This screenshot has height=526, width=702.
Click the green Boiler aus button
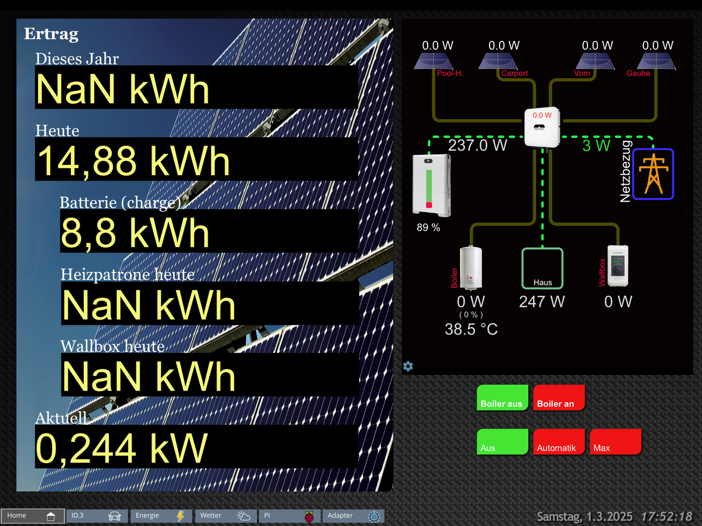point(502,397)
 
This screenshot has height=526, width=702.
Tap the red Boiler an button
point(559,397)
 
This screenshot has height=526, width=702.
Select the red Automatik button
point(559,442)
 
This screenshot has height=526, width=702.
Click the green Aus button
point(502,442)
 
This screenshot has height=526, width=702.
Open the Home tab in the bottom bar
point(32,516)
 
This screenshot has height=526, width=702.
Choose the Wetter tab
point(226,516)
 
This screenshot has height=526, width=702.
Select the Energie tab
point(161,516)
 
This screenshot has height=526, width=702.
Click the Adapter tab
point(353,516)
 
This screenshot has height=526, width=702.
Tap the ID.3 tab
point(97,516)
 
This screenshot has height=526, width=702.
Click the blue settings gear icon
point(408,366)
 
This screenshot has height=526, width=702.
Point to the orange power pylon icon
point(652,174)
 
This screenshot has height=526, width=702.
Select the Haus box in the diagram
point(542,268)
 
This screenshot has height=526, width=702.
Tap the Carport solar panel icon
point(497,61)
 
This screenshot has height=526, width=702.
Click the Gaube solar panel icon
point(657,61)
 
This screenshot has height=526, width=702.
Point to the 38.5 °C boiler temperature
point(471,330)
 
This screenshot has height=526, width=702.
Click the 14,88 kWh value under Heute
point(134,160)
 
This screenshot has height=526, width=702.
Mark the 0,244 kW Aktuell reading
point(122,447)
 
